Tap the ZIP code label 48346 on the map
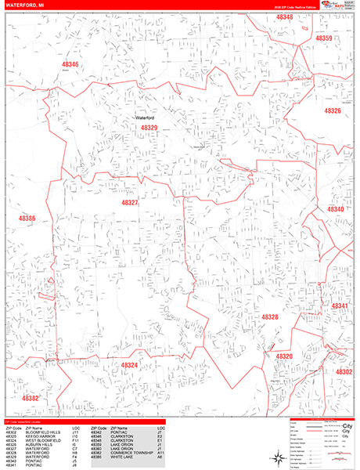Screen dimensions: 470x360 pyautogui.click(x=70, y=64)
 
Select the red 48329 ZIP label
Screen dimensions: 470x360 pyautogui.click(x=149, y=128)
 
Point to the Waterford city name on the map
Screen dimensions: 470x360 pyautogui.click(x=147, y=117)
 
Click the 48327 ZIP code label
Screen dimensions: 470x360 pyautogui.click(x=129, y=202)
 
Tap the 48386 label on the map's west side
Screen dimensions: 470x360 pyautogui.click(x=27, y=218)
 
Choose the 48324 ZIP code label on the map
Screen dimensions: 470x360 pyautogui.click(x=129, y=364)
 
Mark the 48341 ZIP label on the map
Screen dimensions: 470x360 pyautogui.click(x=340, y=305)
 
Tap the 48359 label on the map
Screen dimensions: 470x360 pyautogui.click(x=324, y=38)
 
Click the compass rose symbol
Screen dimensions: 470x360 pyautogui.click(x=277, y=457)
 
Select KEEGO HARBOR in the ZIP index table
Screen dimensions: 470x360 pyautogui.click(x=35, y=433)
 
